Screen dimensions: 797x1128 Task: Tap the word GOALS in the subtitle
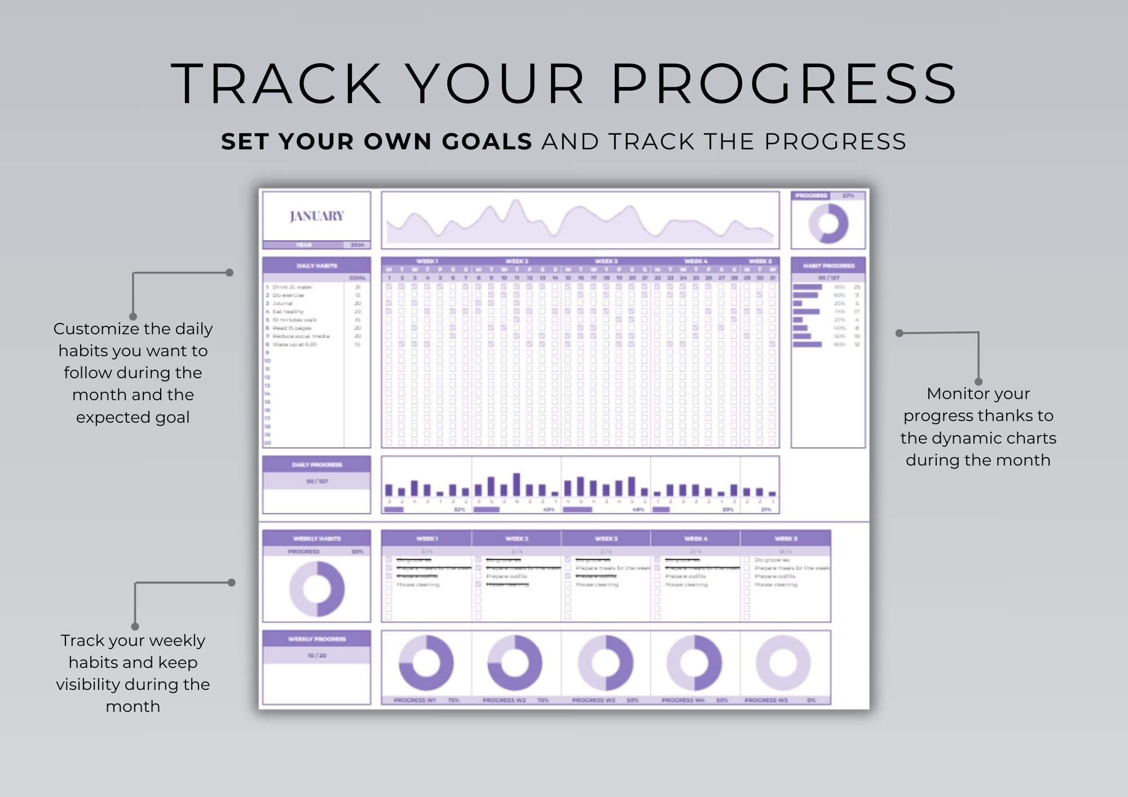coord(487,141)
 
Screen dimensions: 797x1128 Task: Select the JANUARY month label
coord(316,216)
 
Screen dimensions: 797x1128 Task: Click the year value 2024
coord(357,245)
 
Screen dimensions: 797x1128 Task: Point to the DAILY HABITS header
coord(316,265)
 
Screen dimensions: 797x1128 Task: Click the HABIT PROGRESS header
coord(828,265)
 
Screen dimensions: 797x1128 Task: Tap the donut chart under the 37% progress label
coord(828,223)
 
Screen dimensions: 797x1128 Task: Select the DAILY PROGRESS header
coord(316,464)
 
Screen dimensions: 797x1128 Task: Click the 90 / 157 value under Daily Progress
coord(316,481)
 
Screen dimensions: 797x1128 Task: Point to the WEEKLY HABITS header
coord(316,538)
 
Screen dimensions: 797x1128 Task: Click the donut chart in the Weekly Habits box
coord(316,589)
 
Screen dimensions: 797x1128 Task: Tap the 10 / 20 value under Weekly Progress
coord(316,656)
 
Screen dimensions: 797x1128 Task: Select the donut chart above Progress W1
coord(426,663)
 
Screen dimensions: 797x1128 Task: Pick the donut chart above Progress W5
coord(783,663)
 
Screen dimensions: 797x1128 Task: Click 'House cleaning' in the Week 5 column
coord(776,585)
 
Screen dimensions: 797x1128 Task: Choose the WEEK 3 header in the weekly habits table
coord(606,538)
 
